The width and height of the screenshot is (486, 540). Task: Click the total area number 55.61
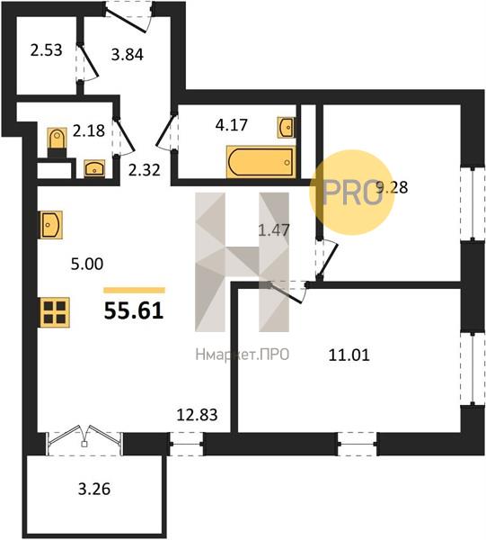[133, 311]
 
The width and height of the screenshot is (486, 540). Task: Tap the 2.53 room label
[46, 50]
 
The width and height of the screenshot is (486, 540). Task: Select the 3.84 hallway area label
[128, 54]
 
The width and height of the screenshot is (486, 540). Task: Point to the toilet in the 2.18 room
[57, 142]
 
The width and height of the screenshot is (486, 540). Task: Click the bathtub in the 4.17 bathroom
[261, 162]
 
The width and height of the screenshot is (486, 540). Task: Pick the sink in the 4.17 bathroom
[286, 128]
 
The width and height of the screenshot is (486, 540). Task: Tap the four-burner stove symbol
[55, 312]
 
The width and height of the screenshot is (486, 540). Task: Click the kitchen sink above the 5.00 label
[51, 225]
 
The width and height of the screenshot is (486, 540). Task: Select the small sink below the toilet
[94, 168]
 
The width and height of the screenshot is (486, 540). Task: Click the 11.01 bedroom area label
[349, 355]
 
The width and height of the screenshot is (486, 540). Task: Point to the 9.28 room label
[392, 188]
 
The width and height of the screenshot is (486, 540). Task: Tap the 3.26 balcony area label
[94, 489]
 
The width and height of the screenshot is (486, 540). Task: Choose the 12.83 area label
[197, 415]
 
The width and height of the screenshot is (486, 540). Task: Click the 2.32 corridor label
[145, 170]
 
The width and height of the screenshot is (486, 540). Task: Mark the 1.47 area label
[274, 229]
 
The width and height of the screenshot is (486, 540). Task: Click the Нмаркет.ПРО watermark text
[243, 355]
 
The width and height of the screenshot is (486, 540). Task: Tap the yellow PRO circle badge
[351, 193]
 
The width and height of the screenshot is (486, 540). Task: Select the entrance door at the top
[128, 17]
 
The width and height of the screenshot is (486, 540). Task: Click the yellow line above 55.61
[135, 290]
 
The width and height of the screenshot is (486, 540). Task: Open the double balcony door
[84, 440]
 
